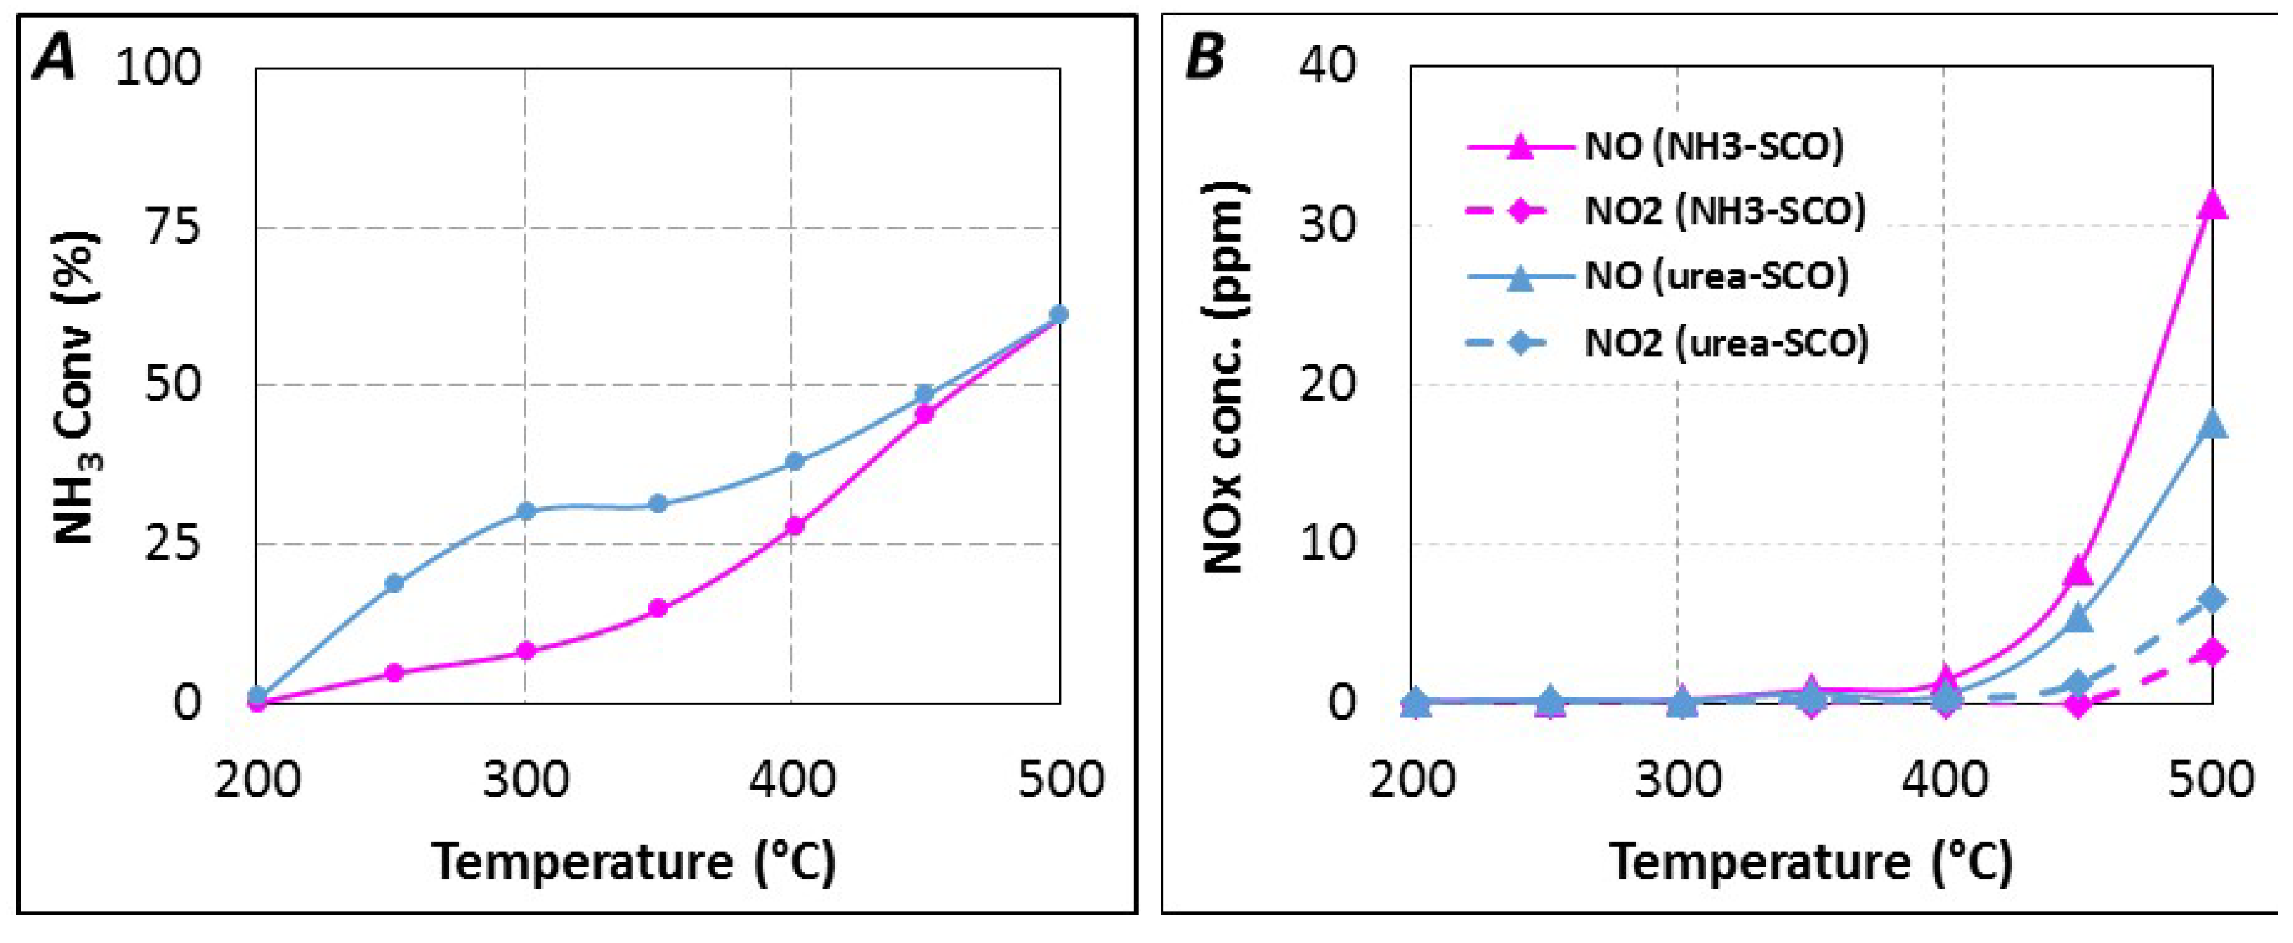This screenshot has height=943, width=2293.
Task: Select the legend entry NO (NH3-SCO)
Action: [1713, 146]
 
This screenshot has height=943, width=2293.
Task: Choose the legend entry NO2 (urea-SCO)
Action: [1726, 343]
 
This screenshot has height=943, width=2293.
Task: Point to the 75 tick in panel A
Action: [173, 228]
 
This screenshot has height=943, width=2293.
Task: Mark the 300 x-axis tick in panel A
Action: [525, 780]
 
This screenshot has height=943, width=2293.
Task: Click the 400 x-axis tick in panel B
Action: [1944, 780]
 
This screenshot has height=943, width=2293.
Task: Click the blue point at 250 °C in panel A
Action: [394, 583]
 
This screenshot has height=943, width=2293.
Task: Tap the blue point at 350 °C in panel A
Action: [658, 503]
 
